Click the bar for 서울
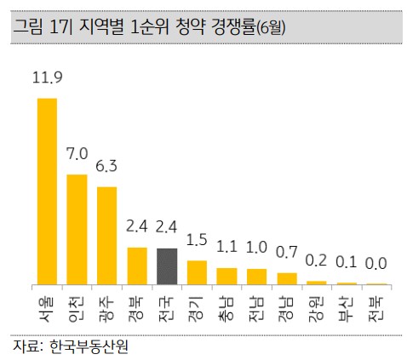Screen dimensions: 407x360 [x=47, y=191]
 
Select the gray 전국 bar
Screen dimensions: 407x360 [x=167, y=266]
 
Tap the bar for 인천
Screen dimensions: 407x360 [x=77, y=230]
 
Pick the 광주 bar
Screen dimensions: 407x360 [x=106, y=236]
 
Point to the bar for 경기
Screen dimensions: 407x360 [x=197, y=272]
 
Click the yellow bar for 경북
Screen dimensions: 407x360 [x=137, y=266]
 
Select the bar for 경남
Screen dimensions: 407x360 [x=287, y=278]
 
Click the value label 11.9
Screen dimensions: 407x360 [x=47, y=77]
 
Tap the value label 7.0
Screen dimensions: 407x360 [x=77, y=153]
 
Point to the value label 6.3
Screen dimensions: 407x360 [x=106, y=166]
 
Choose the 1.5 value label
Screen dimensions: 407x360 [x=197, y=240]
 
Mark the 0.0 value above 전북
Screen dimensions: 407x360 [x=375, y=264]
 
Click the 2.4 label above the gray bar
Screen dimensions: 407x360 [x=166, y=226]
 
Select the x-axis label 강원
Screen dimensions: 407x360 [x=316, y=310]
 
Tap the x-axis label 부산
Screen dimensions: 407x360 [x=346, y=310]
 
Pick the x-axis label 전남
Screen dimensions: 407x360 [x=256, y=310]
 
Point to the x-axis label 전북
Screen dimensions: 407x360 [x=376, y=310]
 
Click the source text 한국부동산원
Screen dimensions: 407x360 [x=89, y=346]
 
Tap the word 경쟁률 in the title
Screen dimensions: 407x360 [x=233, y=27]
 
